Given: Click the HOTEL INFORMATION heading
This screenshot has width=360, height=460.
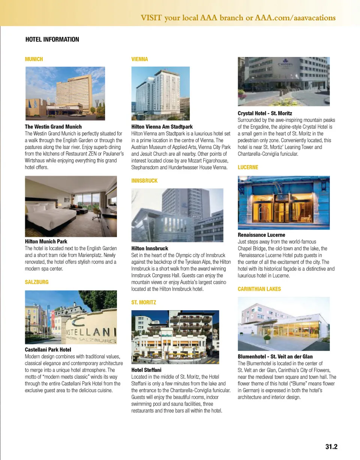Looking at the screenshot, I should (52, 39).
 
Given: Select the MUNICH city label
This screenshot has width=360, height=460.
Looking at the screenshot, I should (34, 59).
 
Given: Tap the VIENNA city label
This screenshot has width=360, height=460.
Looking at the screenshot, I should (139, 59).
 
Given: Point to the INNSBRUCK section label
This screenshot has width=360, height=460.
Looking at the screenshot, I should (144, 181).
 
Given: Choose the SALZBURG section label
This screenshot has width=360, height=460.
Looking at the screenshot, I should (36, 282).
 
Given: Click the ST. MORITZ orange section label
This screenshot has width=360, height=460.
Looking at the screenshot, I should (144, 302).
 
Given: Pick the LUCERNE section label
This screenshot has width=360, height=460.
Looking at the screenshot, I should (248, 167).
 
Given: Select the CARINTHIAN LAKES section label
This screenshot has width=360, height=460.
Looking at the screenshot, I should (259, 289).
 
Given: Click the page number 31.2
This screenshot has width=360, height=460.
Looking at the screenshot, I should (331, 447).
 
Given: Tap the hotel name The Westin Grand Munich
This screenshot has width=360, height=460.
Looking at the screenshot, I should (53, 127).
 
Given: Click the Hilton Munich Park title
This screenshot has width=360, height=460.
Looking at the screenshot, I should (46, 242).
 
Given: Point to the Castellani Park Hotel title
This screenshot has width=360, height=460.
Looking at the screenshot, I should (48, 350).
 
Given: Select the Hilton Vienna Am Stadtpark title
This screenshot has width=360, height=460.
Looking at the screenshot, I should (162, 127).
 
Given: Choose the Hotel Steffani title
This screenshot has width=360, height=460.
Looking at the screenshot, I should (146, 370).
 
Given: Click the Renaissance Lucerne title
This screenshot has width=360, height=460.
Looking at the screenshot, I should (261, 235).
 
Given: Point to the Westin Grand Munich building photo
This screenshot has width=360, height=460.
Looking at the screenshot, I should (65, 93).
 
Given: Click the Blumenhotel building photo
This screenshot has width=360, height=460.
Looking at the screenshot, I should (283, 324).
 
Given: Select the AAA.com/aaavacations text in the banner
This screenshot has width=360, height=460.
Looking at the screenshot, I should (295, 18).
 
